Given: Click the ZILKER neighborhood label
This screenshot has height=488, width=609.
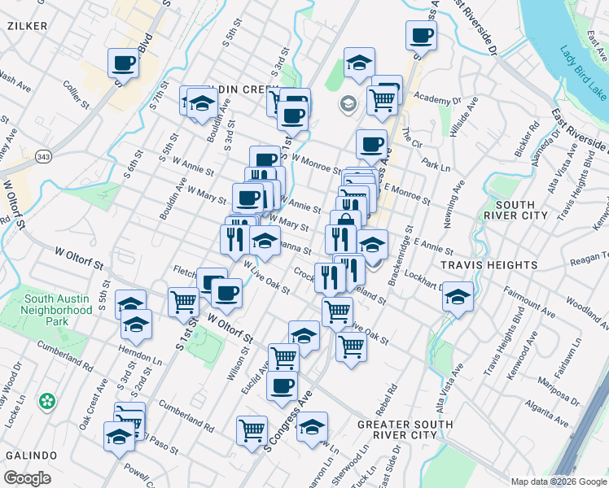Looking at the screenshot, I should (27, 26).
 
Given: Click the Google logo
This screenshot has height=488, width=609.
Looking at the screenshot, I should (28, 478).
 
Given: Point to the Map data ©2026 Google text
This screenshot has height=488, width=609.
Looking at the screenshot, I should (558, 481).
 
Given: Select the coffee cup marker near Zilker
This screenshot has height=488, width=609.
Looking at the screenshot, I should (123, 63).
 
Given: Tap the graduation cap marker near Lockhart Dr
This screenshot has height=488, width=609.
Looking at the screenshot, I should (458, 296).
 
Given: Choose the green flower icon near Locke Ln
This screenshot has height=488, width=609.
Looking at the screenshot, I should (47, 401).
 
